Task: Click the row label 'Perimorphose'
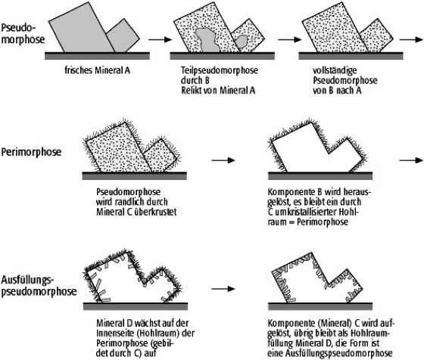(31, 152)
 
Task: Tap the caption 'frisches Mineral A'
(98, 70)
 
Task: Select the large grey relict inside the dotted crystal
(207, 40)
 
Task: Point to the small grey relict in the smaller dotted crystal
(241, 41)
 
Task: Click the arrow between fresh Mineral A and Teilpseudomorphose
(161, 39)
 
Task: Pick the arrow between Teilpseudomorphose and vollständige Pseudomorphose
(289, 39)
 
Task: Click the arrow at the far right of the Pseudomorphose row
(411, 39)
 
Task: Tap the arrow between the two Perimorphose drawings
(223, 160)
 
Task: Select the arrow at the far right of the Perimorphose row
(411, 160)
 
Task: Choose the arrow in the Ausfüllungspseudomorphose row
(223, 289)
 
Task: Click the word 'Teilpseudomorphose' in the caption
(220, 70)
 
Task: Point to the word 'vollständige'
(335, 70)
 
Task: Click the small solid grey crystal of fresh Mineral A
(123, 36)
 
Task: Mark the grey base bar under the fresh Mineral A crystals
(97, 56)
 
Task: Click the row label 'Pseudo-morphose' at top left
(23, 33)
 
